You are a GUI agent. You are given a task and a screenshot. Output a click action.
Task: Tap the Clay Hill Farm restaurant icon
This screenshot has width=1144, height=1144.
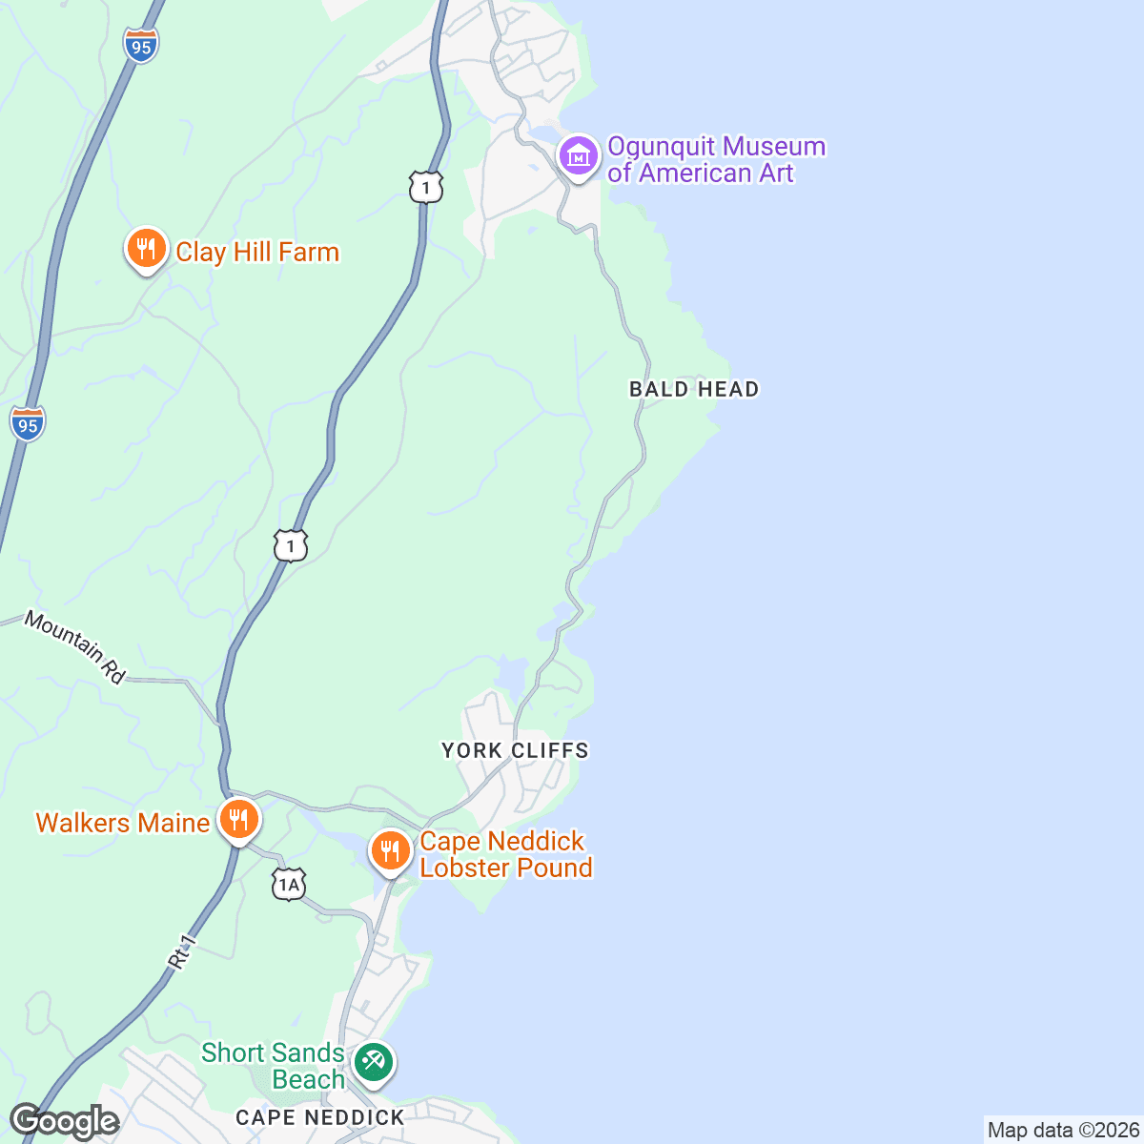coord(146,250)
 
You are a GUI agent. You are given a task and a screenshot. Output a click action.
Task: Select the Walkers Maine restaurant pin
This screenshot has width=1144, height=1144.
coord(238,820)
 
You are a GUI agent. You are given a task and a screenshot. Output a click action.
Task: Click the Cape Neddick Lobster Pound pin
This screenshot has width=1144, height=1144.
coord(390,850)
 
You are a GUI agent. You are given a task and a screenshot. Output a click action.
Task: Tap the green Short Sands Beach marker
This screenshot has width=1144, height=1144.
coord(373,1062)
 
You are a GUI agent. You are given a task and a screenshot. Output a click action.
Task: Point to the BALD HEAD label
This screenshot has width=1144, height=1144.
coord(694,389)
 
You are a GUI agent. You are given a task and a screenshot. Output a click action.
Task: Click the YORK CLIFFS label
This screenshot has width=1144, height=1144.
coord(515,750)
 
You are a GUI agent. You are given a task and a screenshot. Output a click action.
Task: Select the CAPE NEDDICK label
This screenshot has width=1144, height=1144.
coord(320,1117)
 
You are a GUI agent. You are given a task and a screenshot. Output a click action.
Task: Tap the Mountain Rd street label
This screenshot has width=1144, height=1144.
coord(74,647)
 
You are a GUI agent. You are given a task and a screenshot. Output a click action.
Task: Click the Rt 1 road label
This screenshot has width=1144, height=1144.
coord(182,952)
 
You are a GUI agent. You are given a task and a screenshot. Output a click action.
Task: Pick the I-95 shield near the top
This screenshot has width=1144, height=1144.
coord(141,45)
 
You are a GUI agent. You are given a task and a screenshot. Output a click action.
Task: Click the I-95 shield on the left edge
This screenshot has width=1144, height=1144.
coord(28,423)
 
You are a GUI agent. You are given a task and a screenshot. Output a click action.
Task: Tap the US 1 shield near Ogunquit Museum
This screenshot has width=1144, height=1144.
coord(426,187)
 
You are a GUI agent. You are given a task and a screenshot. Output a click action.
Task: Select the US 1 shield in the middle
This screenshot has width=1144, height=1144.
coord(291,545)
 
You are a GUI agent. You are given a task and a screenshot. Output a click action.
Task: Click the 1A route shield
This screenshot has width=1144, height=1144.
coord(288,885)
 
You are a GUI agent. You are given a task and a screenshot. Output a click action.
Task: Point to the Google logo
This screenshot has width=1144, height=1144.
coord(64,1122)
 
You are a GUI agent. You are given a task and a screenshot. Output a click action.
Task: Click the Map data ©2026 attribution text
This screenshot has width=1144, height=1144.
coord(1062,1131)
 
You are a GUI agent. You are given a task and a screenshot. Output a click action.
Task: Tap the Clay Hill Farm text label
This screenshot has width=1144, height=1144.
coord(257,252)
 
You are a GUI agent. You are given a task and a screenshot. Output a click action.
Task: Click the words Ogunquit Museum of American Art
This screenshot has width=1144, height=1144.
coord(715,159)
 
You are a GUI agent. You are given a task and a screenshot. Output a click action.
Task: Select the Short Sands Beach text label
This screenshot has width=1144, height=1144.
coord(273,1066)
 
